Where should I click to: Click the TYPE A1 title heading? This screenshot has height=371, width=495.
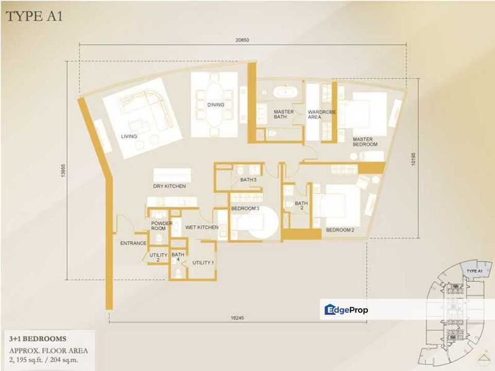point(35,16)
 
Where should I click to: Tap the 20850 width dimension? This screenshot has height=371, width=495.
point(242,40)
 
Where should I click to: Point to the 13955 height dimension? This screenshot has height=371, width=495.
point(63,171)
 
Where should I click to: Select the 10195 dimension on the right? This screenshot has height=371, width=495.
point(414,159)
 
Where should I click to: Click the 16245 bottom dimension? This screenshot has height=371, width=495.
point(237,318)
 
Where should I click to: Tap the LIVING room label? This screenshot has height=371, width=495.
point(129,137)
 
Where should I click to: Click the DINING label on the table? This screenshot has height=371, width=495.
point(216,105)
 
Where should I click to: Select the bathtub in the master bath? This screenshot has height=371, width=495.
point(285,92)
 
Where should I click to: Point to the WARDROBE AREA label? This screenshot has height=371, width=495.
point(322,114)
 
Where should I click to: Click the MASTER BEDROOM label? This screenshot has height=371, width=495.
point(365,142)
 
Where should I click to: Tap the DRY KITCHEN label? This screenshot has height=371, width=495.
point(169,187)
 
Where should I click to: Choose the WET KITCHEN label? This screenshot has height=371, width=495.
point(202,227)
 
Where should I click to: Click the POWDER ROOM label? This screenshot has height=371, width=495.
point(162,226)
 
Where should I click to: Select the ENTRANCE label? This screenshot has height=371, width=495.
point(133,243)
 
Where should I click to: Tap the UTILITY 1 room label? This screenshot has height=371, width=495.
point(203,263)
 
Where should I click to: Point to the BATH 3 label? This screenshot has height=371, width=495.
point(248,180)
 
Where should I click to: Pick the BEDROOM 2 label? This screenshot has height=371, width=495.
point(340,230)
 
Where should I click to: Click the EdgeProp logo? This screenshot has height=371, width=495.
point(346,310)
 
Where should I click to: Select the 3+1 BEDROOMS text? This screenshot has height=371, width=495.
point(38,339)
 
